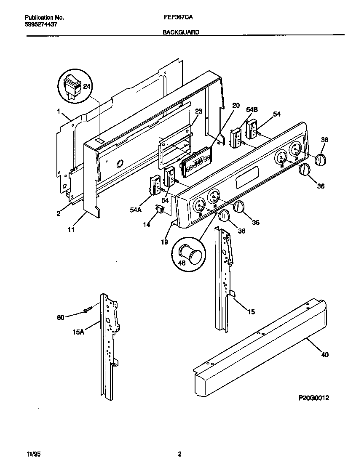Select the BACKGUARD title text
point(181,32)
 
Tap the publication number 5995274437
point(41,24)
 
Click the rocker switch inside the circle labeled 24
point(71,86)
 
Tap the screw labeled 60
point(88,311)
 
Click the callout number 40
point(324,355)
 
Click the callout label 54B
point(252,109)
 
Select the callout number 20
point(236,105)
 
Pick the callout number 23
point(198,112)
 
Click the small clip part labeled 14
point(160,209)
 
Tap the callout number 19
point(164,242)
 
